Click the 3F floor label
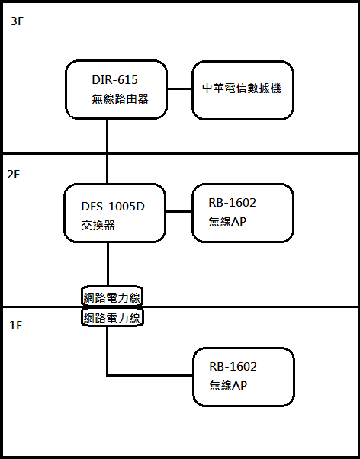[x=17, y=21]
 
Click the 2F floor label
[x=14, y=175]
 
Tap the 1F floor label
[x=16, y=326]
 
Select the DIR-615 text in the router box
[x=115, y=80]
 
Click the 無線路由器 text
[x=120, y=99]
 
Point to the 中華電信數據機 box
[x=243, y=90]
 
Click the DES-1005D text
[x=113, y=207]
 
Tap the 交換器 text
[x=98, y=226]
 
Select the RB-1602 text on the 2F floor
[x=233, y=203]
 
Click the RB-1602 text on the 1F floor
[x=233, y=367]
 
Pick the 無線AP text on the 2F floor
[x=227, y=222]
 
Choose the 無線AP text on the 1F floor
[x=228, y=386]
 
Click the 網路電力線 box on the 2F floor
[x=112, y=296]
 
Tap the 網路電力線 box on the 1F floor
[x=112, y=317]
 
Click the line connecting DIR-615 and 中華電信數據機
[x=179, y=88]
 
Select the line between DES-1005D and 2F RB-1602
[x=178, y=211]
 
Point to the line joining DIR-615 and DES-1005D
[x=107, y=151]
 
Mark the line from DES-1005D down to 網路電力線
[x=108, y=265]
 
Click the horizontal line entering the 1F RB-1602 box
[x=149, y=375]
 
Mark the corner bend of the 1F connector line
[x=108, y=375]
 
